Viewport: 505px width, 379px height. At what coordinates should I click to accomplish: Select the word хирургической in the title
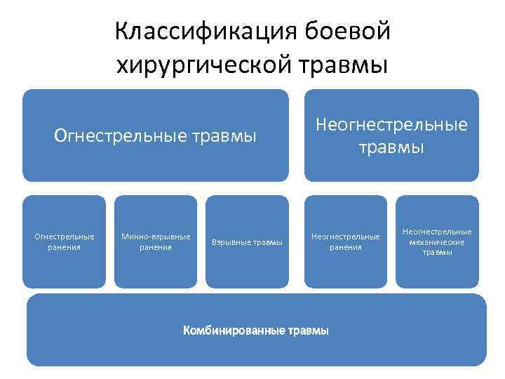point(204,65)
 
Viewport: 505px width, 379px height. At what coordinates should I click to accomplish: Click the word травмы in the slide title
point(344,65)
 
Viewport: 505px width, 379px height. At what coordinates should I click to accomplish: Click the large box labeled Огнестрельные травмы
point(155,135)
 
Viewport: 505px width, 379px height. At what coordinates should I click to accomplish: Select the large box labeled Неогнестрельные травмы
point(391,135)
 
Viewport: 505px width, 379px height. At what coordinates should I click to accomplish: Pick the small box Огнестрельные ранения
point(64,241)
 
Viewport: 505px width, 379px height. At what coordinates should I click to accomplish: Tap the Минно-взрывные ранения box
point(155,241)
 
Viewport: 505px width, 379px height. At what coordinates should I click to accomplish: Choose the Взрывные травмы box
point(247,241)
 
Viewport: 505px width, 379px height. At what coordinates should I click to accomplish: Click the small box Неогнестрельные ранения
point(345,241)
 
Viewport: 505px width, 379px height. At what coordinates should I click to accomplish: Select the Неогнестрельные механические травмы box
point(437,241)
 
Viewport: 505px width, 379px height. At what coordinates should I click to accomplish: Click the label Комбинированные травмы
point(255,330)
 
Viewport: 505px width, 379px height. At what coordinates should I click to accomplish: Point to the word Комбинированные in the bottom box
point(234,330)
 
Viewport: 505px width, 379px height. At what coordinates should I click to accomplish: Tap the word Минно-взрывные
point(156,237)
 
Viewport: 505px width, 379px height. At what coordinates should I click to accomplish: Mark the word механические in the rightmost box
point(437,242)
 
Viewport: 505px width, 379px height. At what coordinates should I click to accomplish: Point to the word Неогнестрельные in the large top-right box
point(391,125)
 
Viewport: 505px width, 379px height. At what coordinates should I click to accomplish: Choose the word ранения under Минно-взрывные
point(156,247)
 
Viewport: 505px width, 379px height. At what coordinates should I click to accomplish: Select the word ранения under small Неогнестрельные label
point(345,247)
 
